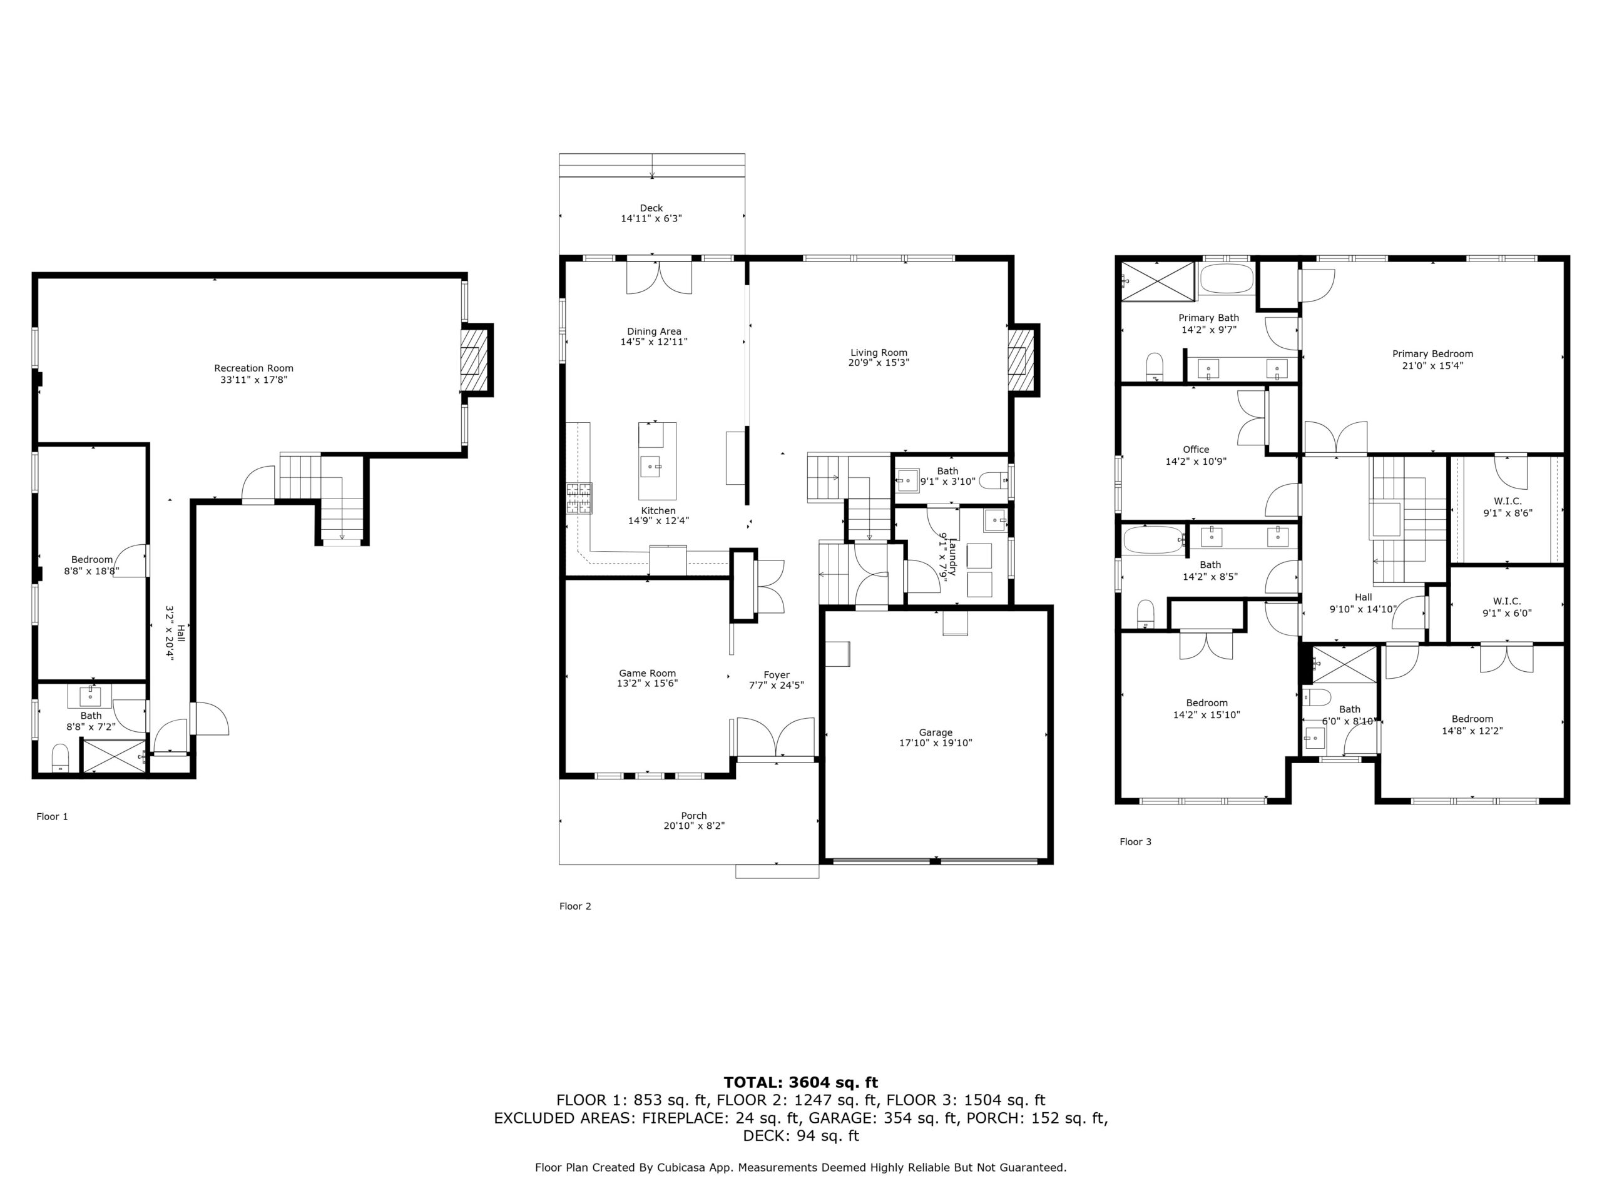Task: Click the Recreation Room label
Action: pyautogui.click(x=253, y=368)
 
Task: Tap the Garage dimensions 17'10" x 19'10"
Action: pyautogui.click(x=936, y=742)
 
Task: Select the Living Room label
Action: pyautogui.click(x=879, y=353)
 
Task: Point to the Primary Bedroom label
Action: pyautogui.click(x=1432, y=354)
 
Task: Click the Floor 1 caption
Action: pyautogui.click(x=52, y=816)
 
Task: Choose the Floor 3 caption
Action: pyautogui.click(x=1136, y=842)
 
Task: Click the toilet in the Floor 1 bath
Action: pyautogui.click(x=60, y=758)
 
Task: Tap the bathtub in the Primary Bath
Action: pyautogui.click(x=1226, y=279)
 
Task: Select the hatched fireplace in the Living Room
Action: pyautogui.click(x=1021, y=360)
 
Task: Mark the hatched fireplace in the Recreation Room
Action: pyautogui.click(x=475, y=360)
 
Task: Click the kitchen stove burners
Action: pyautogui.click(x=579, y=498)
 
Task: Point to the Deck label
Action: pyautogui.click(x=651, y=208)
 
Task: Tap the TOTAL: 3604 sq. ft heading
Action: pyautogui.click(x=801, y=1082)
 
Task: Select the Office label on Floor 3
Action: pyautogui.click(x=1196, y=450)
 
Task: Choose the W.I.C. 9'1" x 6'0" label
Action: pyautogui.click(x=1507, y=607)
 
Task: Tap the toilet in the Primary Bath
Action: pyautogui.click(x=1155, y=367)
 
